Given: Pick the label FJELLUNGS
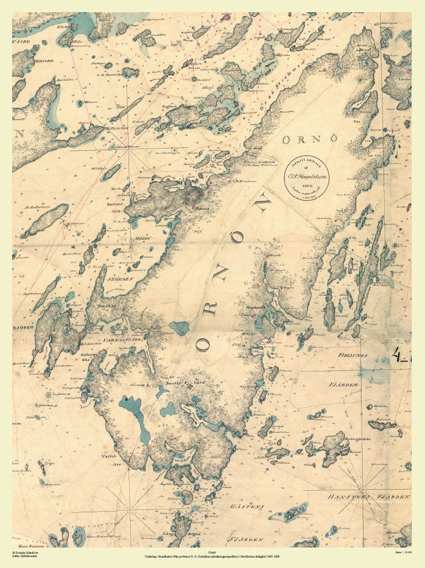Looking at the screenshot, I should [x=353, y=356].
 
